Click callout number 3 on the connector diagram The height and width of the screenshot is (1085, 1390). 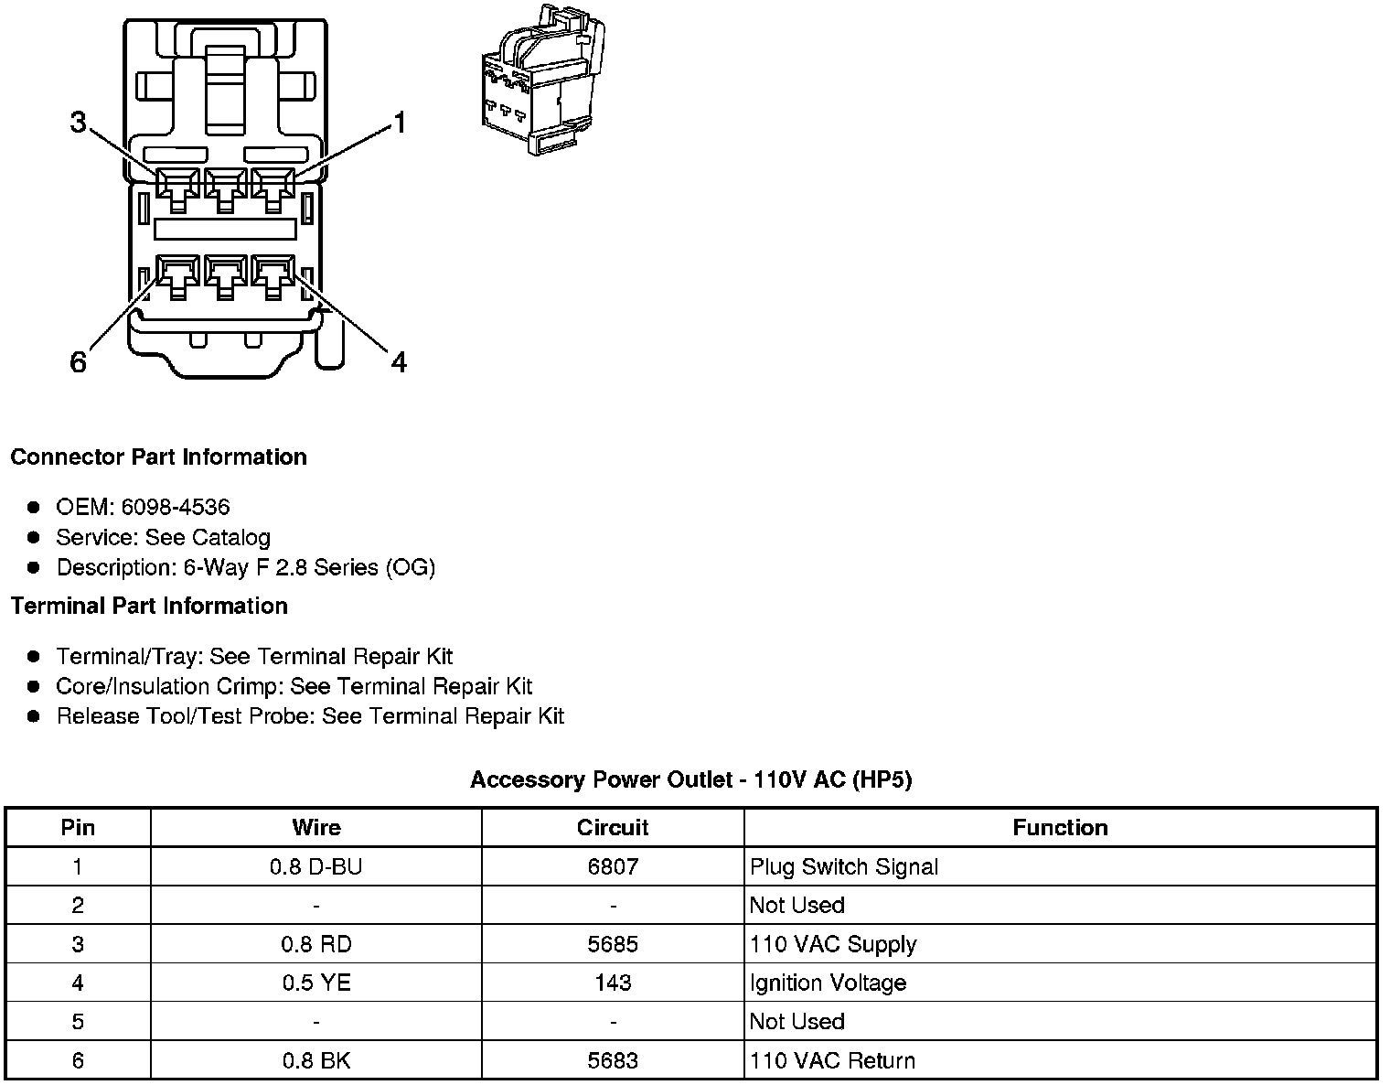pyautogui.click(x=79, y=122)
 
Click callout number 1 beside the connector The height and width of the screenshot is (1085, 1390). pyautogui.click(x=398, y=123)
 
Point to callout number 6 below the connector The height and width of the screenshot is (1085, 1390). pyautogui.click(x=79, y=363)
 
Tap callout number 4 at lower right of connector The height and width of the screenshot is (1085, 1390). pyautogui.click(x=398, y=363)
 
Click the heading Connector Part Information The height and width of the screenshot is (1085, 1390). pyautogui.click(x=158, y=457)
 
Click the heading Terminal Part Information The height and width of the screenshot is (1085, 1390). pyautogui.click(x=149, y=606)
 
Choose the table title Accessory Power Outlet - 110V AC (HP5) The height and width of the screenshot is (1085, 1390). pyautogui.click(x=690, y=779)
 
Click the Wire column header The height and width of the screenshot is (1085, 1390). pyautogui.click(x=315, y=828)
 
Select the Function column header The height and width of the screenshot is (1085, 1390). pyautogui.click(x=1060, y=828)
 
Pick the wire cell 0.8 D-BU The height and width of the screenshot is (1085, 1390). pyautogui.click(x=315, y=866)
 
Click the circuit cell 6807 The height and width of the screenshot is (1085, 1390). pyautogui.click(x=613, y=866)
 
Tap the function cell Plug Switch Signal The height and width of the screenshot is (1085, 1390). pyautogui.click(x=843, y=866)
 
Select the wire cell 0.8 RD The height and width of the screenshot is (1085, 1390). pyautogui.click(x=315, y=944)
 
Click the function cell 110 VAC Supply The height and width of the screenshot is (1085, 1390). pyautogui.click(x=832, y=944)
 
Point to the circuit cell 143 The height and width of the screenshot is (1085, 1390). pyautogui.click(x=613, y=983)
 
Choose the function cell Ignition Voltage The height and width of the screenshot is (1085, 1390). pyautogui.click(x=828, y=983)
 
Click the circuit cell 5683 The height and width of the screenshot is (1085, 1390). pyautogui.click(x=613, y=1060)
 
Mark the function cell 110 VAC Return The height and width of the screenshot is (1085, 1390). pyautogui.click(x=832, y=1060)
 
